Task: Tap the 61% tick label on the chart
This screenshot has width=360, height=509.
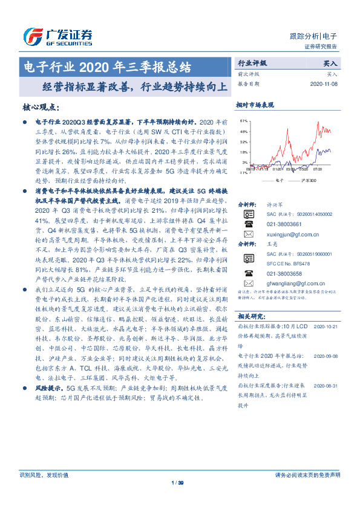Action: point(243,121)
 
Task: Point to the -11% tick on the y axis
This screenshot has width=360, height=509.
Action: point(243,172)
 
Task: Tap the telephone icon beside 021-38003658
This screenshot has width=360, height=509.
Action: point(248,271)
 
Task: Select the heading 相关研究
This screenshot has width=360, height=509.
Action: point(250,316)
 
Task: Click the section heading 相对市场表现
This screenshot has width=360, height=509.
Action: point(255,105)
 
